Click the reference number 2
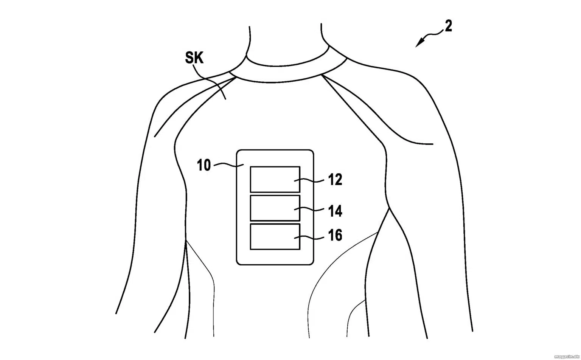pos(449,26)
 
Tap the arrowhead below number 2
pos(419,42)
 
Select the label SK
pos(194,57)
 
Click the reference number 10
pos(204,165)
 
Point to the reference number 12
pos(335,180)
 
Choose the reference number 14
pos(335,211)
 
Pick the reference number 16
pos(335,235)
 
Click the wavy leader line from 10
pos(228,164)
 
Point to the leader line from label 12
pos(309,180)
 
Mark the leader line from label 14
pos(309,209)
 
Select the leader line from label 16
pos(309,237)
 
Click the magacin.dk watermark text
pos(567,357)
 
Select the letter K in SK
pos(199,57)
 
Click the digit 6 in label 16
pos(338,235)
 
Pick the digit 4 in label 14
pos(338,211)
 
